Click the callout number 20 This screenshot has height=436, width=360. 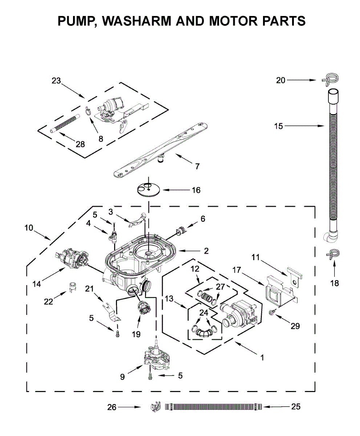pyautogui.click(x=281, y=80)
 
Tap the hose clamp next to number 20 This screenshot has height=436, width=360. pyautogui.click(x=330, y=80)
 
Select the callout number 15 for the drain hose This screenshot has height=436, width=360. pyautogui.click(x=278, y=126)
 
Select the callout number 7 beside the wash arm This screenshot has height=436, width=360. pyautogui.click(x=197, y=167)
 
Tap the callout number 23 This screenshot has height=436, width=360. pyautogui.click(x=56, y=81)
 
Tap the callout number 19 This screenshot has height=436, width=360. pyautogui.click(x=136, y=334)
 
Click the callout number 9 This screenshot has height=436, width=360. pyautogui.click(x=122, y=377)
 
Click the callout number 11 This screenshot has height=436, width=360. pyautogui.click(x=256, y=258)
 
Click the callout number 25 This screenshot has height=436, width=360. pyautogui.click(x=296, y=407)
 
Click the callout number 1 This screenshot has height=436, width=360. pyautogui.click(x=262, y=358)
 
